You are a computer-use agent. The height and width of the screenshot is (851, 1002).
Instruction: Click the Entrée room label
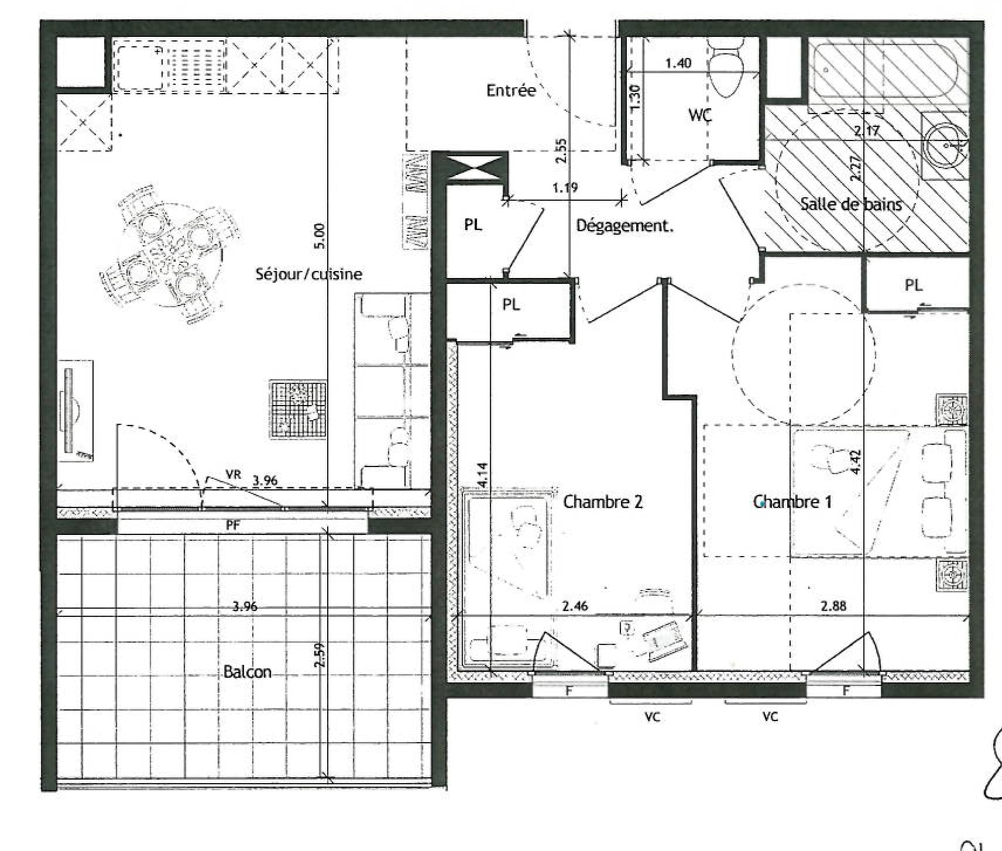point(511,90)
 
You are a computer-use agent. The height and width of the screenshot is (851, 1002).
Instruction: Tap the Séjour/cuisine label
point(308,274)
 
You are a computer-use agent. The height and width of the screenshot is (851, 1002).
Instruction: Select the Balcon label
point(248,671)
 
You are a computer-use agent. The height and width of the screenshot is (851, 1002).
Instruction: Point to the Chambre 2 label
point(603,502)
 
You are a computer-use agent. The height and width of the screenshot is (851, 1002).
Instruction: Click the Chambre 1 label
point(792,502)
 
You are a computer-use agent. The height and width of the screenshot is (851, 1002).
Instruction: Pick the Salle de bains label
point(851,204)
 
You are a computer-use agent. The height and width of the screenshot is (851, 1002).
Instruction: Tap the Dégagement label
point(624,226)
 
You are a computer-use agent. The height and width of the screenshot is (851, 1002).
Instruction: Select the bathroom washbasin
point(945,145)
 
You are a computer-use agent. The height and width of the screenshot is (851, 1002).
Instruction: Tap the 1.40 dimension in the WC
point(678,63)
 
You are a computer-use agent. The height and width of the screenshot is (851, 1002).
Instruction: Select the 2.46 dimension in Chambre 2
point(575,606)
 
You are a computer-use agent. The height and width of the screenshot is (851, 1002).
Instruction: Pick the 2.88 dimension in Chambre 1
point(833,606)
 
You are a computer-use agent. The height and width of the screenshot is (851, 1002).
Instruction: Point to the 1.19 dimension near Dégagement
point(565,188)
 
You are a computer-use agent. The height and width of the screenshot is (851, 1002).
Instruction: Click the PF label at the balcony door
point(233,525)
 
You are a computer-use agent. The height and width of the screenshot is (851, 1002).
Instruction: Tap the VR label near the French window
point(233,475)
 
